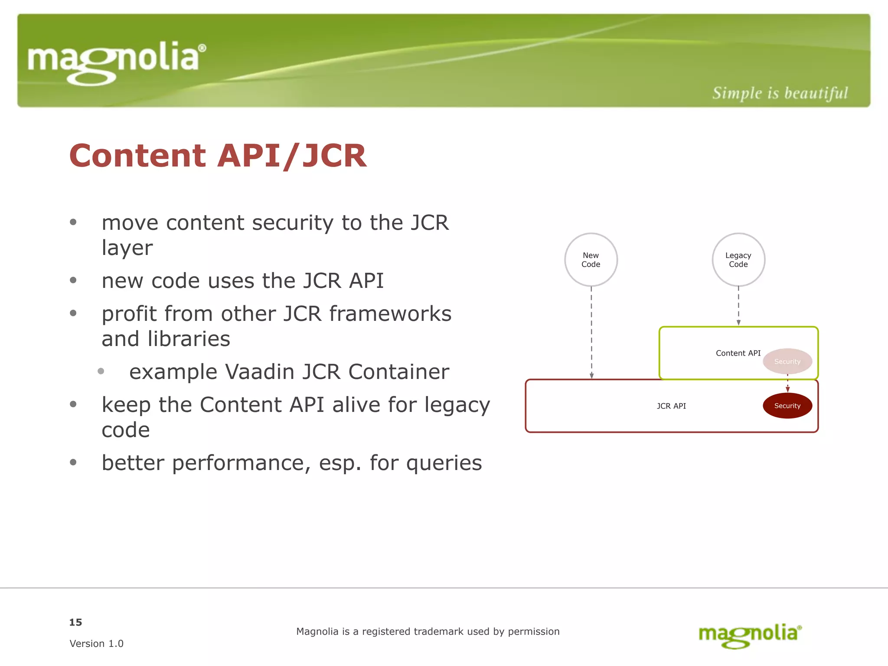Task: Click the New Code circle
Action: pos(591,260)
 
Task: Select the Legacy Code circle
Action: pos(738,260)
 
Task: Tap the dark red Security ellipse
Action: pos(787,406)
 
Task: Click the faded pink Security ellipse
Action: pos(787,361)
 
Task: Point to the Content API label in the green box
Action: pos(738,353)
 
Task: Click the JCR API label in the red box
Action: pos(671,406)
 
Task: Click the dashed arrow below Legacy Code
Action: pos(738,305)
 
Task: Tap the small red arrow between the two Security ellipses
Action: pos(787,385)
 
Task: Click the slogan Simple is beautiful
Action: pos(780,93)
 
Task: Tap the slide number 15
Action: pos(75,622)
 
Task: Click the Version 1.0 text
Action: pos(96,643)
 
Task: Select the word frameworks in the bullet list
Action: pos(390,313)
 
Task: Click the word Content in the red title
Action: pos(137,156)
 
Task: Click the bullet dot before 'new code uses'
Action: pos(73,280)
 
